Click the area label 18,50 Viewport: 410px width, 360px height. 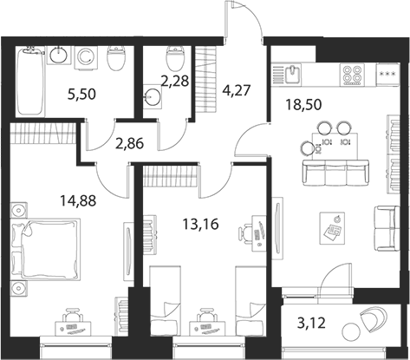click(303, 104)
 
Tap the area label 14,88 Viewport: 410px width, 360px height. click(78, 200)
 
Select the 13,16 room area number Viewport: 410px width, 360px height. click(200, 224)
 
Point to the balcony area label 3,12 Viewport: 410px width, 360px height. click(311, 323)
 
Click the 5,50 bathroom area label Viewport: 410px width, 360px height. click(81, 95)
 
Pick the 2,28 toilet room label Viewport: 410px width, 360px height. click(175, 81)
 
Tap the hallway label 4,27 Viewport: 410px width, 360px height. click(237, 90)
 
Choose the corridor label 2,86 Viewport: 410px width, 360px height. click(129, 143)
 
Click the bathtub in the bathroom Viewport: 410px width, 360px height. click(30, 82)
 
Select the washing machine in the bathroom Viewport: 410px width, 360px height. click(87, 57)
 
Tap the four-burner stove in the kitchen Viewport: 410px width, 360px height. click(351, 75)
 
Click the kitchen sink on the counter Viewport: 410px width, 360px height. click(293, 74)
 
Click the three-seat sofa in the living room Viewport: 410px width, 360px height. click(335, 173)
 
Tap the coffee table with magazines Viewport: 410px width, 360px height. click(332, 228)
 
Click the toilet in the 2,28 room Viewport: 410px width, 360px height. click(175, 59)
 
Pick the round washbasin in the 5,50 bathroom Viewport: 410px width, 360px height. click(59, 55)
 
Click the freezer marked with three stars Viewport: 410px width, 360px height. click(388, 75)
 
